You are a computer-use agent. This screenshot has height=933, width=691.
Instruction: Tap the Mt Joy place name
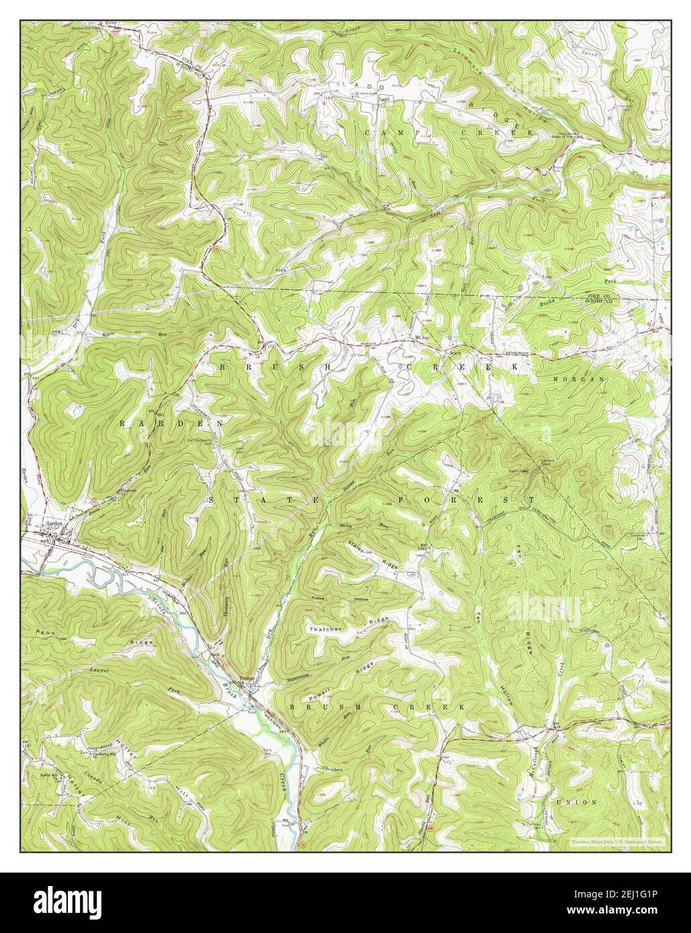[421, 338]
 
